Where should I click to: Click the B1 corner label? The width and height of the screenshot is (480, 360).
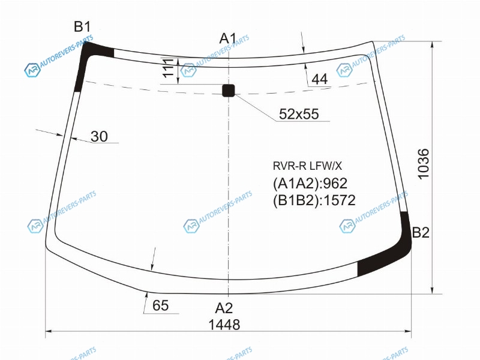pyautogui.click(x=82, y=27)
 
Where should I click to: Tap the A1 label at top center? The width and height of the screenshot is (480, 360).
pyautogui.click(x=228, y=39)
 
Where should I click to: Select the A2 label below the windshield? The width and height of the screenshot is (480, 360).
pyautogui.click(x=224, y=308)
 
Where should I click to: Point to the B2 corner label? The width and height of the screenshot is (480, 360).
pyautogui.click(x=421, y=233)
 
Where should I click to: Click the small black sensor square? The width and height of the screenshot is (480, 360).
pyautogui.click(x=229, y=91)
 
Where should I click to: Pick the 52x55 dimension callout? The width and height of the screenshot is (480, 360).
pyautogui.click(x=299, y=114)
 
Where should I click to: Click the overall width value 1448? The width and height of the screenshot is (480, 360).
pyautogui.click(x=224, y=325)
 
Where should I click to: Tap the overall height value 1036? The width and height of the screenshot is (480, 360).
pyautogui.click(x=424, y=164)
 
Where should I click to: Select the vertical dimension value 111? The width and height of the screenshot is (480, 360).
pyautogui.click(x=168, y=68)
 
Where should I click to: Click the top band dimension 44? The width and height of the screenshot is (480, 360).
pyautogui.click(x=320, y=79)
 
